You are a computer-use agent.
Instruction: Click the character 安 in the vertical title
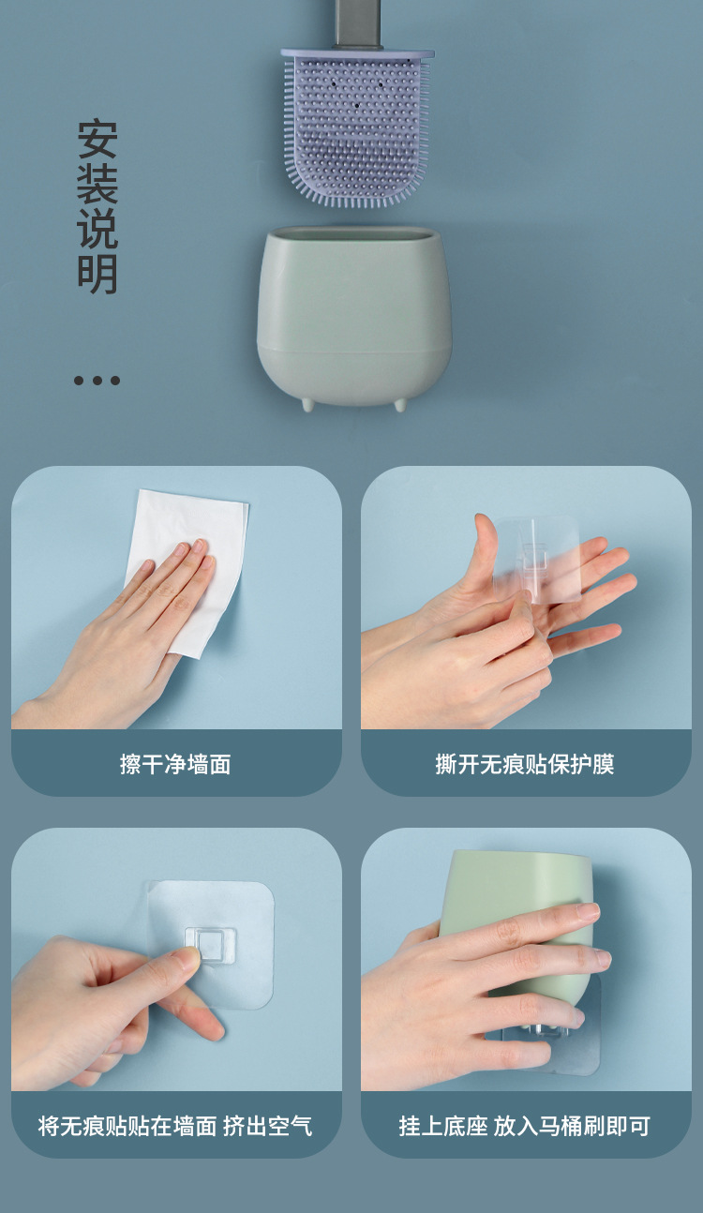(x=97, y=140)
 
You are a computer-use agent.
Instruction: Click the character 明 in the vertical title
(x=97, y=274)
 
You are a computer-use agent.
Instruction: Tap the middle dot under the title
(x=97, y=381)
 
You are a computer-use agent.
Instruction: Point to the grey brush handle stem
(x=357, y=23)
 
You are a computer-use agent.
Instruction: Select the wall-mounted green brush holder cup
(x=354, y=314)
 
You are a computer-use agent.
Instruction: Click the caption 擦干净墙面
(x=175, y=765)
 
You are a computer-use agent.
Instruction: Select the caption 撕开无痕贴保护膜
(x=525, y=765)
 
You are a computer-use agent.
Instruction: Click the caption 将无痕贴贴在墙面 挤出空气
(x=175, y=1126)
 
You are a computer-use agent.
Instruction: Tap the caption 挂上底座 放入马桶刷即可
(x=525, y=1126)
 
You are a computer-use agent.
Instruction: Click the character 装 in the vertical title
(x=97, y=185)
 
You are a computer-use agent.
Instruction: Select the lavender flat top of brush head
(x=357, y=54)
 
